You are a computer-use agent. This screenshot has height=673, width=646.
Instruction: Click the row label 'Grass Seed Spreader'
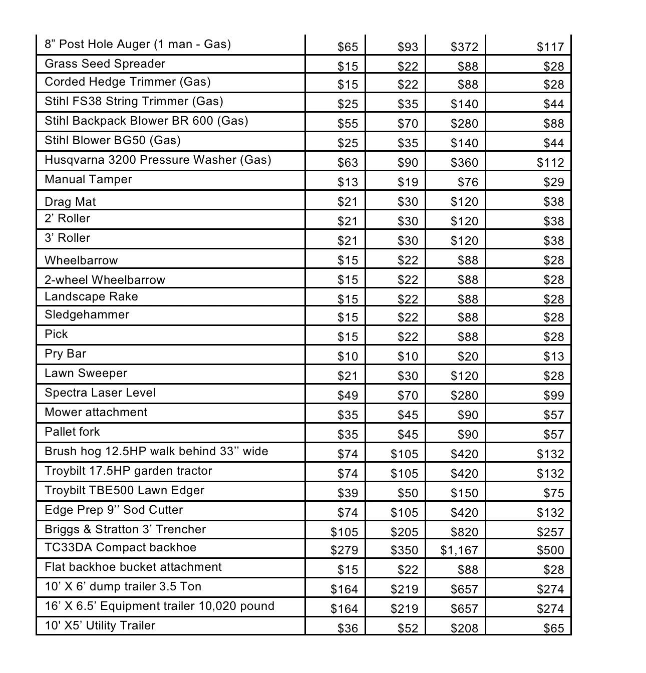point(105,64)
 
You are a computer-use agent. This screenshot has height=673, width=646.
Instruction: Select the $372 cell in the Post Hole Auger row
point(464,47)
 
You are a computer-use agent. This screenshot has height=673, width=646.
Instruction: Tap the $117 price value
point(550,47)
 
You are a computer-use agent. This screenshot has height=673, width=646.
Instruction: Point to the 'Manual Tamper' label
point(88,179)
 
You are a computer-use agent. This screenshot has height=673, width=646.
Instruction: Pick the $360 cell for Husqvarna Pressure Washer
point(464,163)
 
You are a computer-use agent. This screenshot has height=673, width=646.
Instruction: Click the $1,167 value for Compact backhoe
point(459,550)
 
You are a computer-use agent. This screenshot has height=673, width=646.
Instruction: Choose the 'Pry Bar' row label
point(65,354)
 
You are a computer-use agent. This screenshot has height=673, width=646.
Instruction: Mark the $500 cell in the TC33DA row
point(550,550)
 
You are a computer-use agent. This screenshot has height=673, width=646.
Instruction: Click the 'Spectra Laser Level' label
point(100,393)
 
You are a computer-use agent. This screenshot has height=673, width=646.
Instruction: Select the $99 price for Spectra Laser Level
point(554,396)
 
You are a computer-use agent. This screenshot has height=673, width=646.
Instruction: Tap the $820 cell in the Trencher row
point(464,532)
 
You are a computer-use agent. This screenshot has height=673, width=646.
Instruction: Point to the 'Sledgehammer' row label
point(87,314)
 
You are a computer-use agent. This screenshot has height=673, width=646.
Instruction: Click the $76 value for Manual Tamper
point(468,182)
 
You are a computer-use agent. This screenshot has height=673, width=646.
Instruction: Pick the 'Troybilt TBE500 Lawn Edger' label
point(124,490)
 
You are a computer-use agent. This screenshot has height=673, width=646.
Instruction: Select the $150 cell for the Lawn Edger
point(464,493)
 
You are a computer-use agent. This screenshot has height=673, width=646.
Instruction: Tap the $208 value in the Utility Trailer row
point(464,628)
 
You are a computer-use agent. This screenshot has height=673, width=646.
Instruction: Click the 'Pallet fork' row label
point(72,432)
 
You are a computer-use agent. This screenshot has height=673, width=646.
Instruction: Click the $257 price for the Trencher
point(550,532)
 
